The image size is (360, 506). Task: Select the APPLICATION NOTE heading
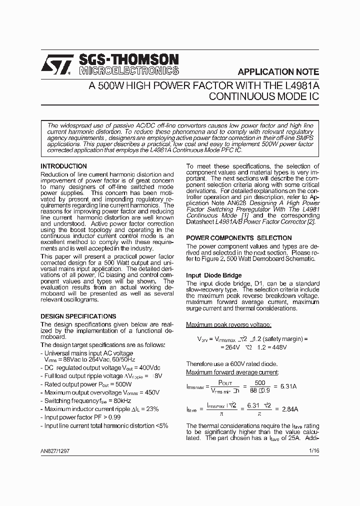point(278,71)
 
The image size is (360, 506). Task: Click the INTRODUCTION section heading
point(63,166)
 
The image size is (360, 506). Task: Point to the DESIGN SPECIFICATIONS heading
point(78,316)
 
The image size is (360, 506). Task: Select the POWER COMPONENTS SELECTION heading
point(238,238)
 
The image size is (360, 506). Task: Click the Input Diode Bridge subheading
point(213,275)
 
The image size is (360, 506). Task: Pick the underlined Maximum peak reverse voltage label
point(228,325)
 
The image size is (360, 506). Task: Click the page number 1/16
point(313,451)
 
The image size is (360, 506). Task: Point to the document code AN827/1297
point(56,451)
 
